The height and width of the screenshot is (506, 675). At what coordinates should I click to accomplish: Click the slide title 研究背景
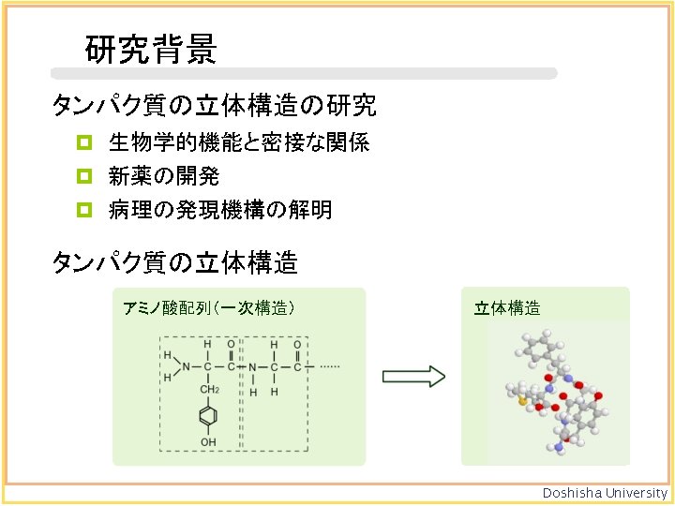click(152, 49)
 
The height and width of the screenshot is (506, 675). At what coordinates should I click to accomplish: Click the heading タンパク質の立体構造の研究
click(215, 106)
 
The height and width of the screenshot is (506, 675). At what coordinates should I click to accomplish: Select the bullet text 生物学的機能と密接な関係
click(238, 143)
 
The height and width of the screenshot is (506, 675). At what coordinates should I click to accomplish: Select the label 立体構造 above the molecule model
click(507, 307)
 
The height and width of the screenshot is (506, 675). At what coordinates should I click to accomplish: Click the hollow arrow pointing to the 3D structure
click(413, 376)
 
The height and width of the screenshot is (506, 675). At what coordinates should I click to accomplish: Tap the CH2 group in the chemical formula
click(208, 390)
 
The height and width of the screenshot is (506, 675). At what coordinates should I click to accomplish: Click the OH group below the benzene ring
click(208, 441)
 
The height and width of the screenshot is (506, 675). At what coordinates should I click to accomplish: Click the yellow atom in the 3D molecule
click(522, 400)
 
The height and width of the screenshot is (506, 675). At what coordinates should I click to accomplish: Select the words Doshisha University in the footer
click(606, 493)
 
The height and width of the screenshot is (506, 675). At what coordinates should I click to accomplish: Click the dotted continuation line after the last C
click(327, 366)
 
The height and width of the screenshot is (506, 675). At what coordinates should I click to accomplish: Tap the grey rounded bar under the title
click(305, 73)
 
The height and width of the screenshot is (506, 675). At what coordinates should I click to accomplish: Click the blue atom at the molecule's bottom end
click(560, 448)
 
